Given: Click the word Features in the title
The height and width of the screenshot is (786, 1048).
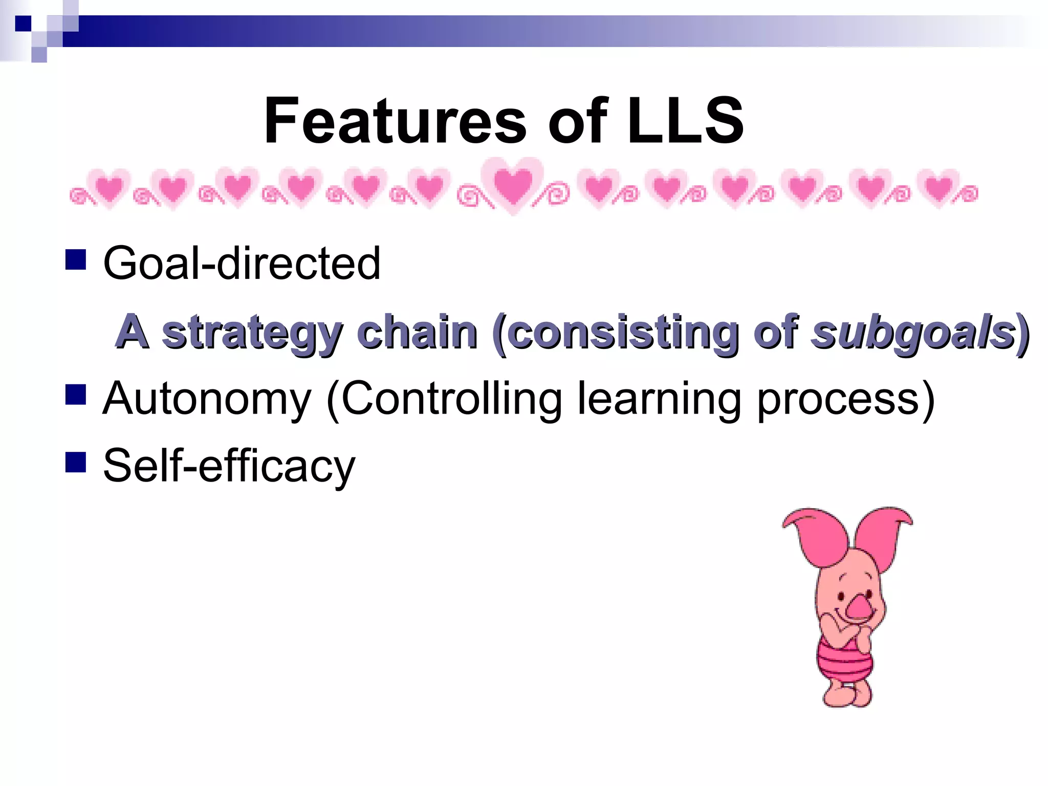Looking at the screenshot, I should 395,121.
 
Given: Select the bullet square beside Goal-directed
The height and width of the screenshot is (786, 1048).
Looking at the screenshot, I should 76,259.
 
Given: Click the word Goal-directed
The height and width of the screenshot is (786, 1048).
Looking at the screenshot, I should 242,263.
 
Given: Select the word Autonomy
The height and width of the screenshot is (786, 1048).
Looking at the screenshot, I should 207,399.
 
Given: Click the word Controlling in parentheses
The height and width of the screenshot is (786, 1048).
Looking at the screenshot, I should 451,399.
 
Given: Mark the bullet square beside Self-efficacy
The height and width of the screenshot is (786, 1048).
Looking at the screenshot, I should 76,461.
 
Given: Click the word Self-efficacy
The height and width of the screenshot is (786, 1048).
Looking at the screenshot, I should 229,466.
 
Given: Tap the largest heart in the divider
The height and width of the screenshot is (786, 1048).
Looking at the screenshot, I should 513,185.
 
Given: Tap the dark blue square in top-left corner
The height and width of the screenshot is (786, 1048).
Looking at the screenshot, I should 23,24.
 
